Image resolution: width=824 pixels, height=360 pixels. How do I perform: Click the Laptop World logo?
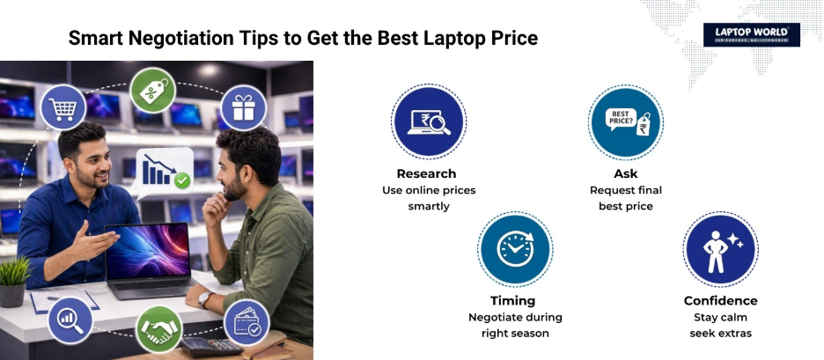(x=751, y=35)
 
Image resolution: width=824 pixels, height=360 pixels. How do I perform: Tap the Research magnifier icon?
(x=428, y=121)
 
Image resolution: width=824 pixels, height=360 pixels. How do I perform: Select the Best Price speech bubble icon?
(x=625, y=121)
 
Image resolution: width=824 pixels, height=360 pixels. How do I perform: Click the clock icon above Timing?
(x=514, y=248)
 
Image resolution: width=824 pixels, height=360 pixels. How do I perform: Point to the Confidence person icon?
(x=719, y=249)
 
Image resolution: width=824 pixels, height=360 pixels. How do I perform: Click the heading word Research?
(x=426, y=173)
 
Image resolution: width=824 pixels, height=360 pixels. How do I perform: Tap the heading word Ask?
(x=625, y=173)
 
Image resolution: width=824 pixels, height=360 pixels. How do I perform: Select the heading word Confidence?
(x=720, y=300)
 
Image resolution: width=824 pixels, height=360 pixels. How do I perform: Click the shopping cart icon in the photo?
(x=63, y=107)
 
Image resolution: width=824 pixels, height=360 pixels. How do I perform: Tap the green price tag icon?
(x=153, y=90)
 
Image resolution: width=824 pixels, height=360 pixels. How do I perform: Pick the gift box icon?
(x=242, y=107)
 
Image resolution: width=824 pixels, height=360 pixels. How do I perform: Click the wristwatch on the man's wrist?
(x=204, y=300)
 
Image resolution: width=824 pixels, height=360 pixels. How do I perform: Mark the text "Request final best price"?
(x=625, y=198)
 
